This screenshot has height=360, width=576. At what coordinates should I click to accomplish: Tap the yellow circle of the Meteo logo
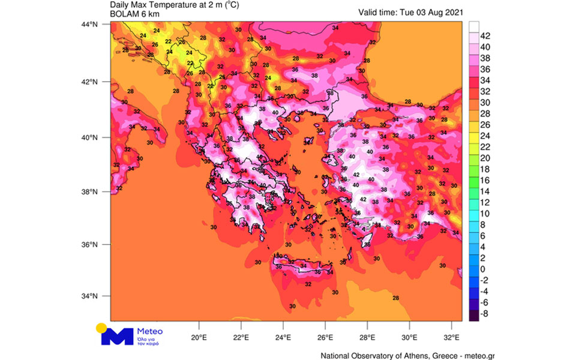click(x=101, y=328)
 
